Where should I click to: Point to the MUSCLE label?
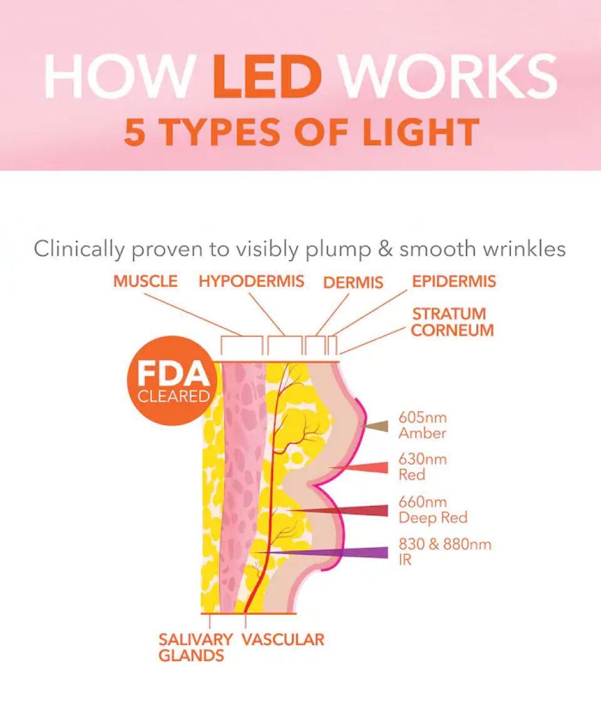tap(145, 281)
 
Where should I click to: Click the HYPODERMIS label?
tap(252, 281)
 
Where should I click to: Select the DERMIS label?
tap(353, 282)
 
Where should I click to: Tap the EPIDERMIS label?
tap(454, 281)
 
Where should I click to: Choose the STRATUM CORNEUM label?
tap(453, 322)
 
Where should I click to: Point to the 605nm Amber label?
tap(423, 425)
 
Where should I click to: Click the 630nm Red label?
tap(423, 467)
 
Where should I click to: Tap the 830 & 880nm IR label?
tap(445, 552)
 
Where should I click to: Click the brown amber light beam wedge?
tap(376, 426)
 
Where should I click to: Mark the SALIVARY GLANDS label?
tap(195, 647)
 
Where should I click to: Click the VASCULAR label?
tap(283, 639)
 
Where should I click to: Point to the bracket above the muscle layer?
tap(241, 345)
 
